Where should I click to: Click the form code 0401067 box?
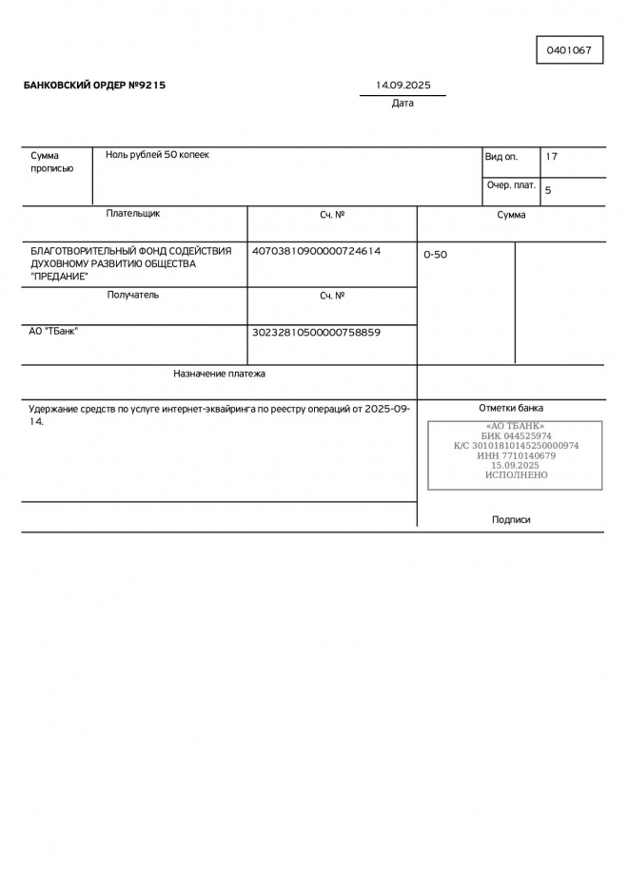click(569, 50)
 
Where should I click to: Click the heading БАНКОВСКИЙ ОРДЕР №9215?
click(94, 86)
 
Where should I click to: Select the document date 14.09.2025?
click(402, 86)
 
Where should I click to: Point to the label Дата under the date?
click(402, 104)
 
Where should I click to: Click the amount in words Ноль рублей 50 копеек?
click(157, 155)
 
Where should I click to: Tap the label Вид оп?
click(501, 156)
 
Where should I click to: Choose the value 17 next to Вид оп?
click(552, 156)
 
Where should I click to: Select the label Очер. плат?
click(511, 185)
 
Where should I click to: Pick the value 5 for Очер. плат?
click(548, 190)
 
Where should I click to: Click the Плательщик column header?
click(133, 214)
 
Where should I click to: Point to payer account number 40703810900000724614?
click(316, 251)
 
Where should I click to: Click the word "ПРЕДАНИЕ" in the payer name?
click(59, 277)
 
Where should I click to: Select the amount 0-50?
click(435, 255)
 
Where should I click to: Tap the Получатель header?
click(133, 295)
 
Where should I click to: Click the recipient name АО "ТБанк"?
click(54, 332)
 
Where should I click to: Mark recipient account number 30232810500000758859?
click(316, 333)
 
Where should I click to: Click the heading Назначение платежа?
click(219, 374)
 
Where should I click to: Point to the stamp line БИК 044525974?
click(515, 435)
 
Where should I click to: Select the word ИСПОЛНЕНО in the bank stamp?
click(516, 474)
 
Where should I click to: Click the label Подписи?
click(511, 520)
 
